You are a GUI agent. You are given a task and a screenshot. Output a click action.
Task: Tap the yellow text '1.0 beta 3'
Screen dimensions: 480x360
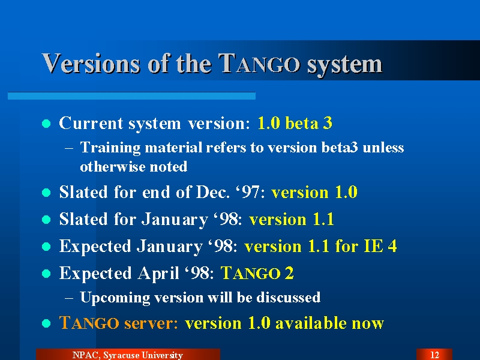295,123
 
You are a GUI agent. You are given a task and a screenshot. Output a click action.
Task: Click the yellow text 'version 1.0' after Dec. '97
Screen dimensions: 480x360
314,192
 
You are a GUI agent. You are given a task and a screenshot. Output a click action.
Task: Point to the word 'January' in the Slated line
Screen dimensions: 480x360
175,220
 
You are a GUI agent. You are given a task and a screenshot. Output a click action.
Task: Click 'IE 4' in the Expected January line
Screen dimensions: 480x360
380,246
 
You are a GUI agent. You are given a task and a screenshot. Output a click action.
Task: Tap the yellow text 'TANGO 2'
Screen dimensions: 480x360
257,273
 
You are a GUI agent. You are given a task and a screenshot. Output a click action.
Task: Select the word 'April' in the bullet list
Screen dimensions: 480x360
158,274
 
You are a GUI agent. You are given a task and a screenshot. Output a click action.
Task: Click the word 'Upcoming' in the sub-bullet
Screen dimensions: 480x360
115,298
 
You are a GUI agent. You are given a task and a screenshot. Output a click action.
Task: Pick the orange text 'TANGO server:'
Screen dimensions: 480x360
118,323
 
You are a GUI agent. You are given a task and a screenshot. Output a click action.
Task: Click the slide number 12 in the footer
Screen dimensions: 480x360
434,355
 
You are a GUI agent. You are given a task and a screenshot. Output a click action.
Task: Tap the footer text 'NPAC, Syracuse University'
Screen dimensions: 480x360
128,355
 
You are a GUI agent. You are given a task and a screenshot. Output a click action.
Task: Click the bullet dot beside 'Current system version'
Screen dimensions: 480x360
46,124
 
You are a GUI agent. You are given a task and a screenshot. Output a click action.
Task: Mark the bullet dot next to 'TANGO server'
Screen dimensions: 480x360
46,323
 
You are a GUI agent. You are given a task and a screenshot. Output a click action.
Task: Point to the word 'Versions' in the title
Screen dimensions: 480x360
91,64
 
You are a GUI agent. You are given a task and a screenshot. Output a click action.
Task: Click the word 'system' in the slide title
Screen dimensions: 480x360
344,65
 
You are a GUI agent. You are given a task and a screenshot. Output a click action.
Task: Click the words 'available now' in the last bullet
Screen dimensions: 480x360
329,323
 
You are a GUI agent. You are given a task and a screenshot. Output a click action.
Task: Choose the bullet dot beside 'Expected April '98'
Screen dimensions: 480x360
46,273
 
